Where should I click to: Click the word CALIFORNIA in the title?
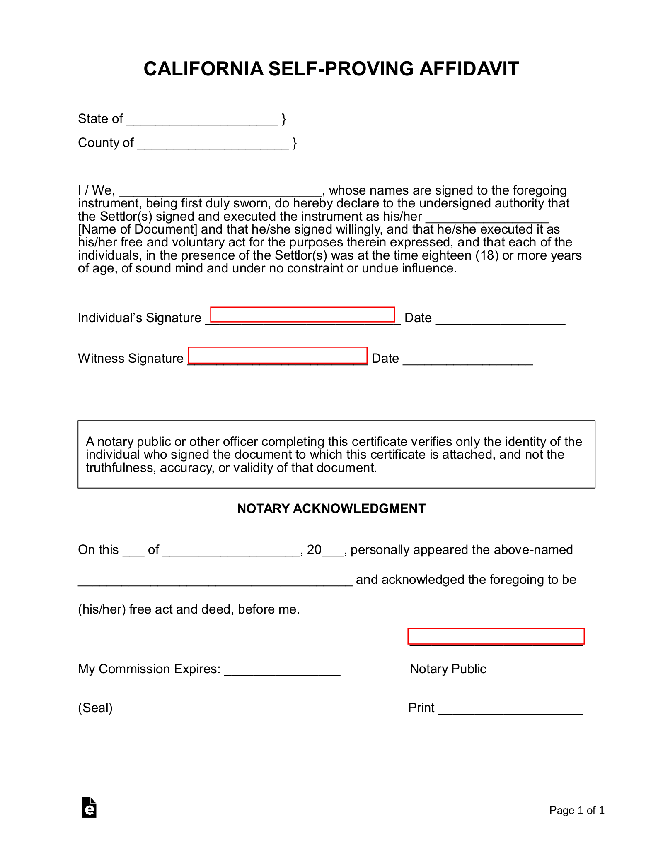203,69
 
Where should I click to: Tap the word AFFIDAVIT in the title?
469,69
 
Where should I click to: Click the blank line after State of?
202,120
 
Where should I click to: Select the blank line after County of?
213,144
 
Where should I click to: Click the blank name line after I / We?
220,191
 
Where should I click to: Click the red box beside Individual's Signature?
302,315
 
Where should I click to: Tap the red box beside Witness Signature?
278,355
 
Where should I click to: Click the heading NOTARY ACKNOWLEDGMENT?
331,508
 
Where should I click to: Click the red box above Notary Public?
496,636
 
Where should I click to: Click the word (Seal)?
95,708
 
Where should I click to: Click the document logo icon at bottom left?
89,807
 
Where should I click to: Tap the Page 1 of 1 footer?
576,810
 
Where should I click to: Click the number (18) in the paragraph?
486,255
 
